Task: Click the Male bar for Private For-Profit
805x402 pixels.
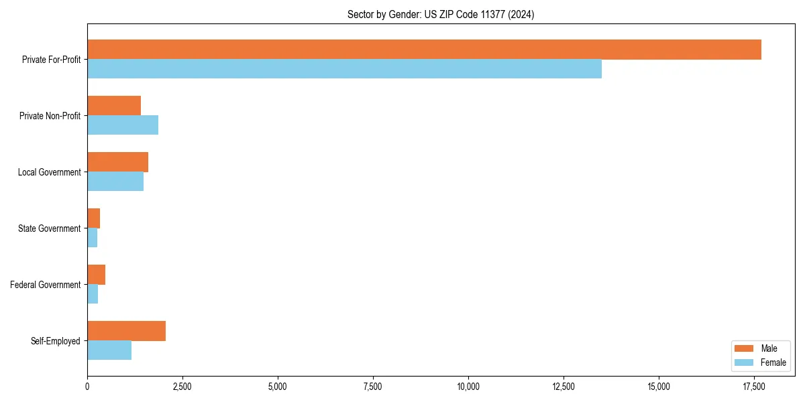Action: click(x=424, y=50)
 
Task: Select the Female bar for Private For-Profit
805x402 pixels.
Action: click(x=344, y=69)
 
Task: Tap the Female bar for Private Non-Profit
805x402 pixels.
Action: click(x=123, y=125)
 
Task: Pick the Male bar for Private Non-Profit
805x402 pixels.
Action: click(x=114, y=106)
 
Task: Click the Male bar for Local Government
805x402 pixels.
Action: click(x=117, y=162)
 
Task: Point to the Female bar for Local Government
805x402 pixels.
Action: click(x=115, y=182)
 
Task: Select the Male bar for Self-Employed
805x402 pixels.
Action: click(x=126, y=331)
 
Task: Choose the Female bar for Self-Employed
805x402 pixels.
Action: click(x=109, y=350)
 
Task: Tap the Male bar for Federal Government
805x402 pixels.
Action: click(x=96, y=275)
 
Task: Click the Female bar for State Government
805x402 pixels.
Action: click(x=93, y=238)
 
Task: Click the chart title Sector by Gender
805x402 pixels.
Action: click(x=441, y=14)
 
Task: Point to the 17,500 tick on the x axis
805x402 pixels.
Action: click(x=754, y=387)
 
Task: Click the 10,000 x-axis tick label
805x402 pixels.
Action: click(x=468, y=387)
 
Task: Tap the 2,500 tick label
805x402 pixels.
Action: click(x=182, y=387)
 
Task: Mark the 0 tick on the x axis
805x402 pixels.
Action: click(x=87, y=387)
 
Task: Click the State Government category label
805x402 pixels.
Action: click(x=49, y=228)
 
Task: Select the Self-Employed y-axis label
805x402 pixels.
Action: click(x=55, y=341)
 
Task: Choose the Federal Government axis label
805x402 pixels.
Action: click(x=45, y=285)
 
